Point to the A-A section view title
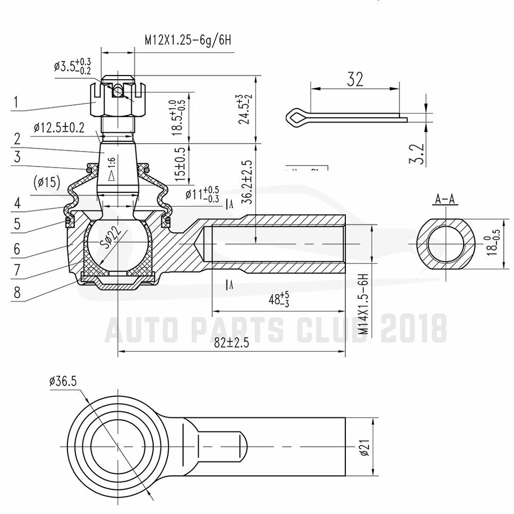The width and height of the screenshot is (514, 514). click(445, 200)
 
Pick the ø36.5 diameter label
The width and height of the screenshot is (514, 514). click(63, 381)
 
